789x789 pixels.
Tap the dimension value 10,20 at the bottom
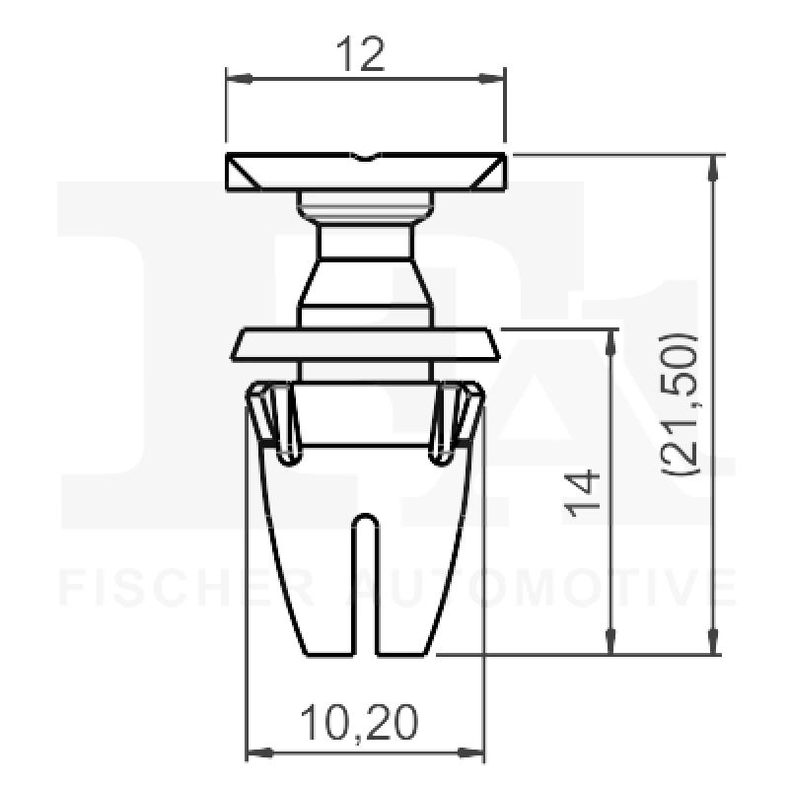[358, 725]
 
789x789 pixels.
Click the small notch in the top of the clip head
[365, 157]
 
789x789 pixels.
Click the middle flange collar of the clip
[365, 344]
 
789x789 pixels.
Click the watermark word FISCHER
[187, 589]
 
